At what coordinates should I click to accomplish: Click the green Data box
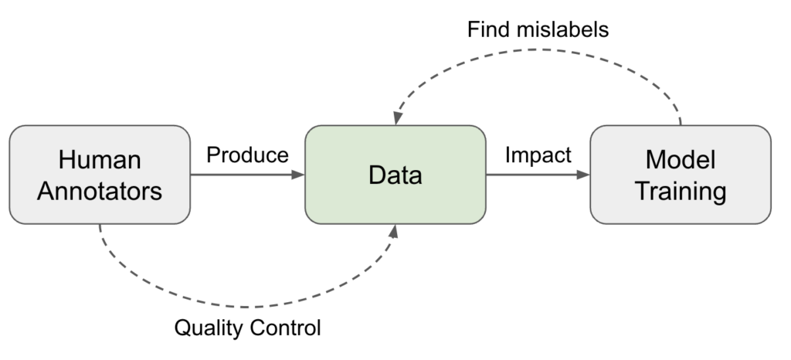(x=395, y=175)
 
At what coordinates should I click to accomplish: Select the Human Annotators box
(x=100, y=175)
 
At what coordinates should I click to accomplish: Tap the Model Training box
(x=680, y=175)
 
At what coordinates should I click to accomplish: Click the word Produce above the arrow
(x=247, y=155)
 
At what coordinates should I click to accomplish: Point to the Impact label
(x=538, y=155)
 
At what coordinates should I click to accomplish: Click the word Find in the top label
(x=491, y=30)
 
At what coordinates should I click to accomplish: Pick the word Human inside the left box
(x=100, y=160)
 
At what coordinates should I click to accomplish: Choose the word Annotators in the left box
(x=100, y=190)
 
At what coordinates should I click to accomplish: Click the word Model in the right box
(x=680, y=160)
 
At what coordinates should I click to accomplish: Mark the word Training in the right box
(x=680, y=190)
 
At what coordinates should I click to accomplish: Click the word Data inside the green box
(x=395, y=175)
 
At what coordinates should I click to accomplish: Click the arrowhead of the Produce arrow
(x=299, y=175)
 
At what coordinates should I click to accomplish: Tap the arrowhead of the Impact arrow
(x=583, y=175)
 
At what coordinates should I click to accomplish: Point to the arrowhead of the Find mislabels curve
(x=396, y=118)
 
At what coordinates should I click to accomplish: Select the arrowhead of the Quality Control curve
(x=396, y=231)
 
